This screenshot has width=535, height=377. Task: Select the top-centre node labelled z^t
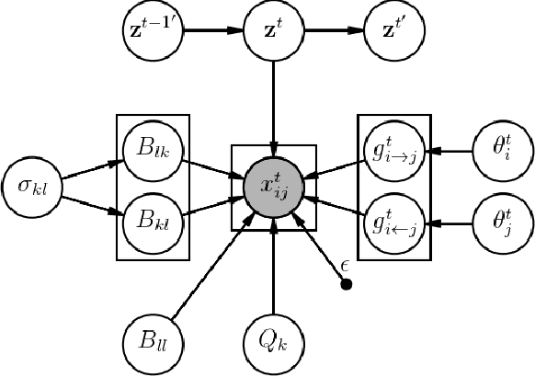coord(273,29)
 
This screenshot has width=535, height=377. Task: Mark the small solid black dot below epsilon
coord(347,284)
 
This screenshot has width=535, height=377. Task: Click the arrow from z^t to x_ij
coord(273,106)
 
